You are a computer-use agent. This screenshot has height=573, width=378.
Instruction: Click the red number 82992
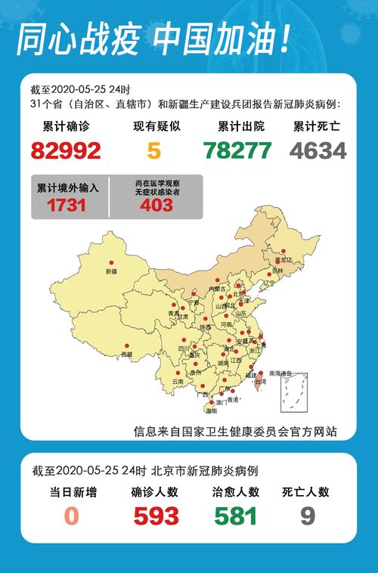click(x=67, y=150)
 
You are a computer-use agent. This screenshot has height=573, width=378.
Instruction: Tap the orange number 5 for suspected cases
click(x=154, y=150)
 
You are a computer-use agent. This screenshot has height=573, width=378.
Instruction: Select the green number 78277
click(x=237, y=150)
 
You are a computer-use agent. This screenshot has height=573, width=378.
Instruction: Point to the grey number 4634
click(x=318, y=150)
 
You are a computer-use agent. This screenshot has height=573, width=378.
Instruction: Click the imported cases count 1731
click(x=67, y=205)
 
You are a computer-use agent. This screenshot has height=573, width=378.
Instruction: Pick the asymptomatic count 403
click(x=156, y=205)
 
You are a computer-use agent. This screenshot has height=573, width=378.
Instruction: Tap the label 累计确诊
click(x=67, y=126)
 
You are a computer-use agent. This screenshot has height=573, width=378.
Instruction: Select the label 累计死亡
click(x=318, y=126)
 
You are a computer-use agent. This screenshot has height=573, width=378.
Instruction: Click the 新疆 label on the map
click(x=112, y=271)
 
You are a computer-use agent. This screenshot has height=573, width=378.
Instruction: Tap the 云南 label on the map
click(x=178, y=383)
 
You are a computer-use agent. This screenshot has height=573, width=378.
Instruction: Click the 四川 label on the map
click(x=183, y=348)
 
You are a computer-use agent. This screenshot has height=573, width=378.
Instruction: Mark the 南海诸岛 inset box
click(x=293, y=392)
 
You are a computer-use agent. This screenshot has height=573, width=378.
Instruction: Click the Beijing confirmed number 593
click(x=156, y=516)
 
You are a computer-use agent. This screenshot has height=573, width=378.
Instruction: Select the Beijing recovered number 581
click(x=236, y=516)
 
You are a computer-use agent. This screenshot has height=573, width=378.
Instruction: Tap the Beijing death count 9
click(x=308, y=516)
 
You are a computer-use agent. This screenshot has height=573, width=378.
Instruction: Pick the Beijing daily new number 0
click(x=71, y=516)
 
